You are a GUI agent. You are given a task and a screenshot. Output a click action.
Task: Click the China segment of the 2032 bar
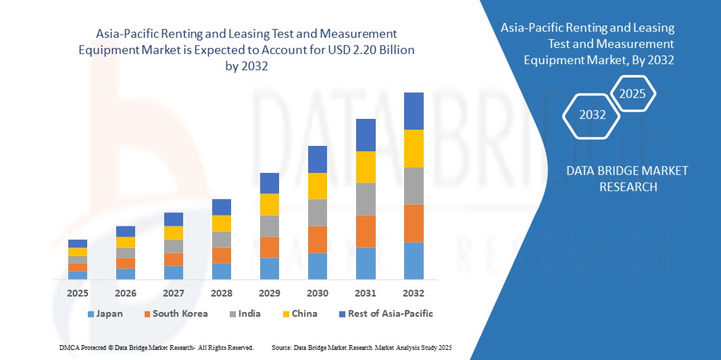coord(414,149)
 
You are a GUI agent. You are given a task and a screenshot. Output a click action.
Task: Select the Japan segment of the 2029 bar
coord(270,268)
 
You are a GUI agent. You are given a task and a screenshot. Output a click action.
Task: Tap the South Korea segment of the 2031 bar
coord(366,231)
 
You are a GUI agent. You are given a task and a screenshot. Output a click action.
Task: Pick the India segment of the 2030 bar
coord(318,212)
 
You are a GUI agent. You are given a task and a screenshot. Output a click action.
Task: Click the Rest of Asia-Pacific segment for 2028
coord(222,207)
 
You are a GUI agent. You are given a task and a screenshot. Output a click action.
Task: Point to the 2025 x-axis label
coord(78,293)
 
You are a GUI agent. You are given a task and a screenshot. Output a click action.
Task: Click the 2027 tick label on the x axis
coord(174,293)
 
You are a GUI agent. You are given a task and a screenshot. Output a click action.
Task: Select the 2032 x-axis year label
coord(414,293)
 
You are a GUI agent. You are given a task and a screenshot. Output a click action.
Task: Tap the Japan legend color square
coord(91,314)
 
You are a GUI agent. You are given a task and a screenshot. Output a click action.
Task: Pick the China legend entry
coord(299,313)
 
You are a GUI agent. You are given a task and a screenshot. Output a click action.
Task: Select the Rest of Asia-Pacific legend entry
coord(385,313)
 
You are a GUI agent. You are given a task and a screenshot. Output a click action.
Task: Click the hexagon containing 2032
coord(592,115)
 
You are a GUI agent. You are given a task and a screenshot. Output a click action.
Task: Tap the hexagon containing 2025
coord(632,94)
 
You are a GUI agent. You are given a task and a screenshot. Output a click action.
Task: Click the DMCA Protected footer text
coord(156,347)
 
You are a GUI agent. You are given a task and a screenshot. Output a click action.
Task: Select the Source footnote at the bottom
coord(361,347)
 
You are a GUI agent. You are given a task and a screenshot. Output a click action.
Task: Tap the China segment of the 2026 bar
coord(126,242)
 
